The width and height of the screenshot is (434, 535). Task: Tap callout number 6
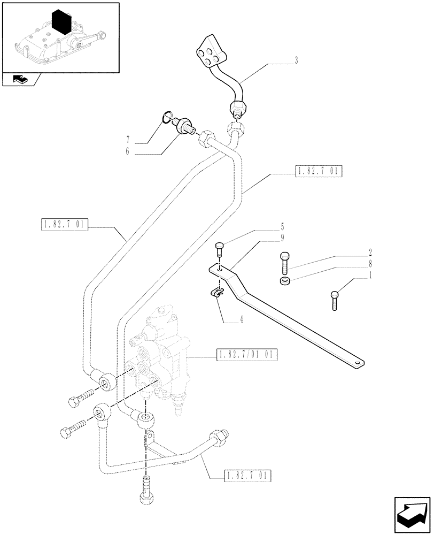[x=127, y=152]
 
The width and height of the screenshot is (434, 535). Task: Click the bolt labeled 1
[x=335, y=300]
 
